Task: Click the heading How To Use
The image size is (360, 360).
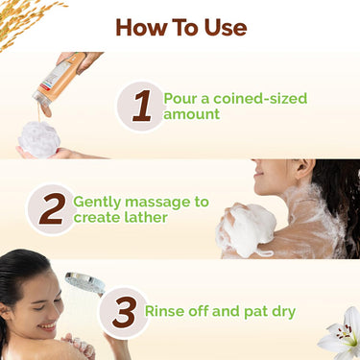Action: pos(180,27)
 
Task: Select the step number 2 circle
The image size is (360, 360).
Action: pos(50,209)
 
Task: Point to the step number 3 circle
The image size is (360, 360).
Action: pos(123,312)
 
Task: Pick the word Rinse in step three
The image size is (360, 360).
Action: pos(164,311)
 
